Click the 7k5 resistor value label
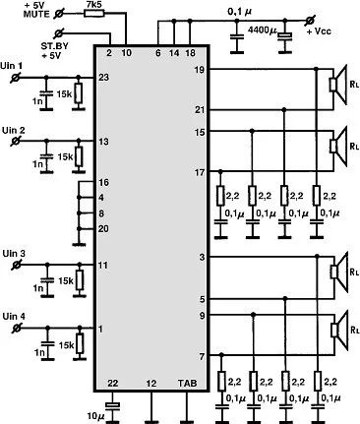click(x=93, y=4)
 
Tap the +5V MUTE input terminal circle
click(x=59, y=14)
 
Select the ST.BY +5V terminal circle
click(x=59, y=32)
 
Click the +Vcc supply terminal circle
click(x=309, y=21)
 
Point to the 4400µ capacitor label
click(x=263, y=30)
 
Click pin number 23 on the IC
click(x=103, y=78)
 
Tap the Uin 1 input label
click(x=12, y=66)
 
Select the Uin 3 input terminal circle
click(x=16, y=265)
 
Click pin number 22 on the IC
click(x=112, y=383)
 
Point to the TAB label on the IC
click(x=188, y=383)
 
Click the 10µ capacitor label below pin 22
click(x=95, y=416)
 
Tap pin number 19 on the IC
click(x=200, y=70)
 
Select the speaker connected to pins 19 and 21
click(x=338, y=85)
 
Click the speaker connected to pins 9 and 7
click(x=339, y=330)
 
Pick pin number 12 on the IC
click(x=151, y=383)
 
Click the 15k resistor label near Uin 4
click(x=66, y=345)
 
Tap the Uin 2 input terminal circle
click(x=15, y=142)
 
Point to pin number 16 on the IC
click(x=103, y=182)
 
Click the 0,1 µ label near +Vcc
click(x=240, y=12)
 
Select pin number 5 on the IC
click(x=202, y=299)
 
